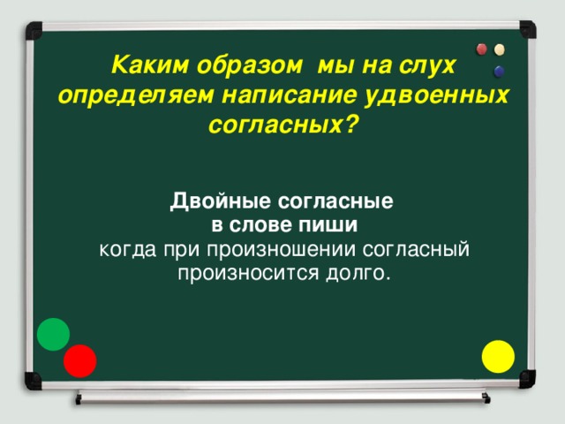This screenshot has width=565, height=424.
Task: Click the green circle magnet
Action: [53, 333]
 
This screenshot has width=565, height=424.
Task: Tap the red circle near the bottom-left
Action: [80, 360]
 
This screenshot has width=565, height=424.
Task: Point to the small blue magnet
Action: [500, 71]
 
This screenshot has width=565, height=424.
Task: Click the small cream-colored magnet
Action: [501, 49]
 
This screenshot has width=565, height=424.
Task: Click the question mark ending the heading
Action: [352, 124]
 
